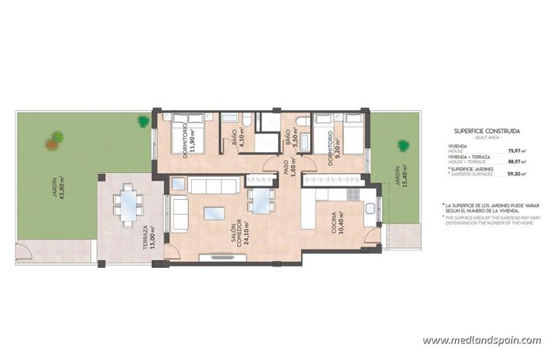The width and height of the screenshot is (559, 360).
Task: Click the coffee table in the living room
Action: tap(214, 213)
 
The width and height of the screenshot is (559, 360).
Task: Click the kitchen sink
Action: tap(371, 207)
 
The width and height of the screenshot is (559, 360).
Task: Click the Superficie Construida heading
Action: tap(487, 130)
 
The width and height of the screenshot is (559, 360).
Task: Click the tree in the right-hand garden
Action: tap(403, 145)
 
